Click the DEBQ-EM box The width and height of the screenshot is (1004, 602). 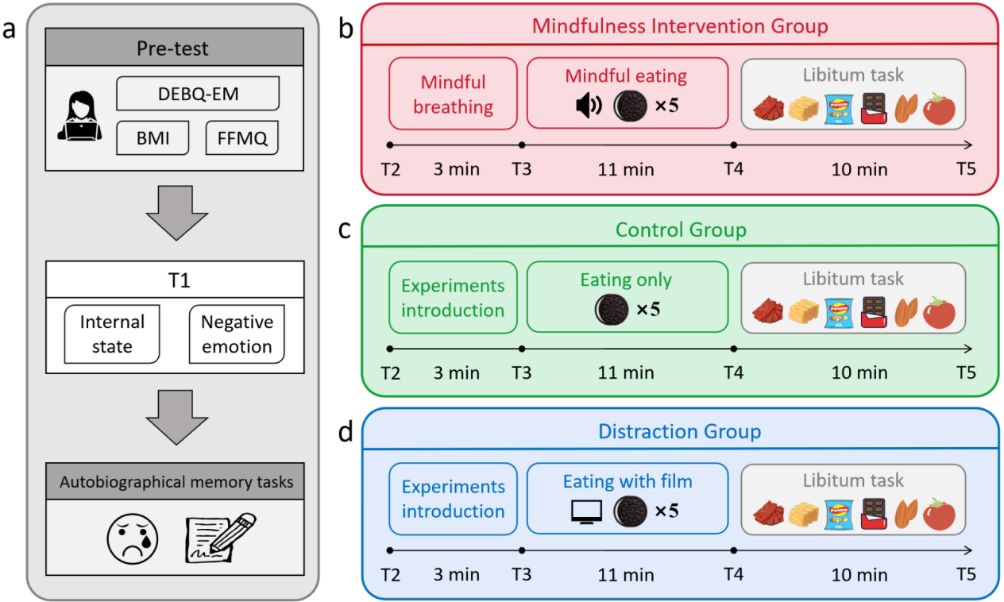tap(198, 93)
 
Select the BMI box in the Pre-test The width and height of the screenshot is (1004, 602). tap(153, 137)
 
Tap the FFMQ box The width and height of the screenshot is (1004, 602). tap(242, 137)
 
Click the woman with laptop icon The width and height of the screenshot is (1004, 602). tap(79, 116)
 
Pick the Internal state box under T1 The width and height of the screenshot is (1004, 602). tap(112, 334)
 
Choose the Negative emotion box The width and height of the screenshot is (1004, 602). tap(237, 334)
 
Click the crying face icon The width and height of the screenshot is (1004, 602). tap(132, 538)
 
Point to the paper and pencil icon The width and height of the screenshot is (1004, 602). tap(221, 538)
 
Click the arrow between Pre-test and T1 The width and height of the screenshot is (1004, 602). tap(176, 213)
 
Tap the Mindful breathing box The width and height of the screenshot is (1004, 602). tap(453, 94)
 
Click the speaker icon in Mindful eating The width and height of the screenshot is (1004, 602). tap(589, 106)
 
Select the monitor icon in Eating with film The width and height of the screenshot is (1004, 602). tap(586, 511)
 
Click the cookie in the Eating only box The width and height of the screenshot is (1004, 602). tap(612, 309)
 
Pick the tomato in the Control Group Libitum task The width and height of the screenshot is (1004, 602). tap(939, 312)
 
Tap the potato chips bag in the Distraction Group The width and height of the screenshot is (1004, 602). tap(839, 514)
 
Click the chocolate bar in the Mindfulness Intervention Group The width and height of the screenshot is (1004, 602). tap(874, 108)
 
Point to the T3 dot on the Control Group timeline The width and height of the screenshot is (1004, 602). tap(522, 349)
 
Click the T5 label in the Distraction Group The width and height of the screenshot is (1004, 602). tap(966, 574)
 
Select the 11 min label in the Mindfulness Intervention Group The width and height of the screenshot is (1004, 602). tap(626, 169)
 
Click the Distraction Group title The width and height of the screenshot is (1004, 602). tap(679, 431)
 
